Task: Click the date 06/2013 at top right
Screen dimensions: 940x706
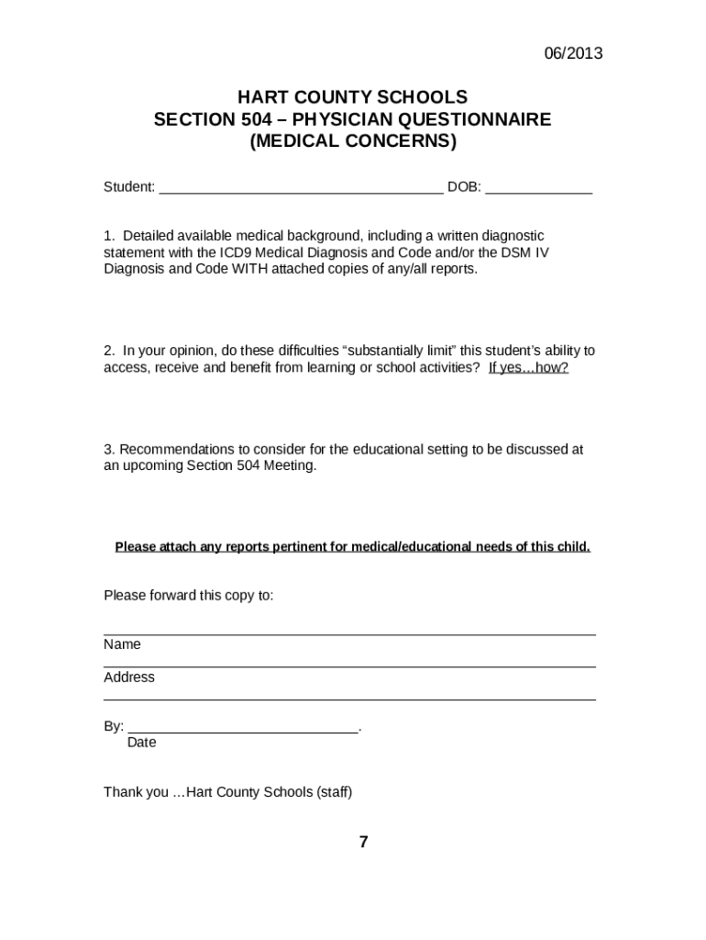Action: tap(571, 53)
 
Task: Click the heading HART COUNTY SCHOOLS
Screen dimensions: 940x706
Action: tap(352, 97)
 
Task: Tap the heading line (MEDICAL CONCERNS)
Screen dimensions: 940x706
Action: tap(352, 142)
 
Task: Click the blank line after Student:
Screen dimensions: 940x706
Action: tap(301, 191)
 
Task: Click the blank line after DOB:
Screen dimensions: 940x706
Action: tap(538, 191)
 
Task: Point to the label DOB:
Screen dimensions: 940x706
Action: tap(464, 187)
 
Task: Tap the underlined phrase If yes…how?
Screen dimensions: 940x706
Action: tap(528, 367)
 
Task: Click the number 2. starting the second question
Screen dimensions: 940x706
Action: tap(109, 351)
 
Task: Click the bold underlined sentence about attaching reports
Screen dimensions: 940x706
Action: tap(352, 547)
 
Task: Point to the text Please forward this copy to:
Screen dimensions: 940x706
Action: tap(188, 595)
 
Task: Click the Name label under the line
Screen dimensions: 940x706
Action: tap(122, 644)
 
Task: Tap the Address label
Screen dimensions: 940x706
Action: tap(129, 677)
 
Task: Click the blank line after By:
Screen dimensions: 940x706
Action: tap(242, 731)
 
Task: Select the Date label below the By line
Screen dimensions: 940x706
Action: tap(141, 743)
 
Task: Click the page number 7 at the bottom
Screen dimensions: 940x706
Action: tap(363, 842)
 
